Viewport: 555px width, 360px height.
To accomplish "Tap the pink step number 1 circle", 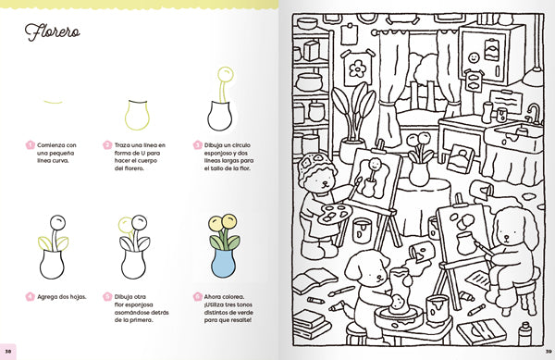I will tap(30, 145).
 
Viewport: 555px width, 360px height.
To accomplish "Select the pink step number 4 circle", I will tap(30, 296).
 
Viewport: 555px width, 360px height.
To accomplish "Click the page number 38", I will tap(8, 353).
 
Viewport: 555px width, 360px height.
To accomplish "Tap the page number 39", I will tap(547, 353).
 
